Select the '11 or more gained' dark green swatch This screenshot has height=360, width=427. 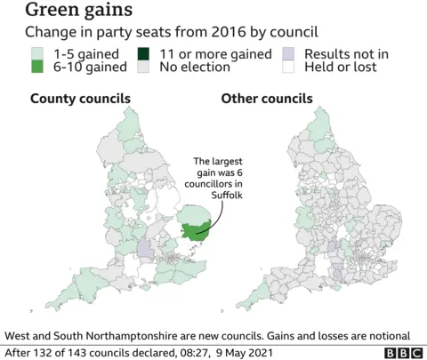click(144, 54)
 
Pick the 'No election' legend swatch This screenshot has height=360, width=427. click(144, 68)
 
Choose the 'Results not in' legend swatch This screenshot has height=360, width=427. click(288, 54)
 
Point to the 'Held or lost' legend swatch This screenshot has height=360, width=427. click(288, 68)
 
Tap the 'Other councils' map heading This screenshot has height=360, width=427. click(267, 98)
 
